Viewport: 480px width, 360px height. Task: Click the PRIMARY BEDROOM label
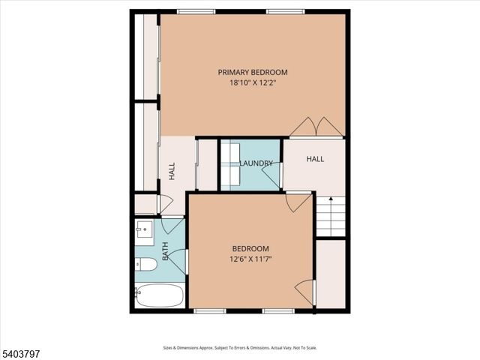click(x=253, y=72)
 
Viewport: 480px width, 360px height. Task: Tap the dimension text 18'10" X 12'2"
click(x=253, y=82)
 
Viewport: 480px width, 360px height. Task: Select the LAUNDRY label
click(x=256, y=163)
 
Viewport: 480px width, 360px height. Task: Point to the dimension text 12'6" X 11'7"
click(x=250, y=259)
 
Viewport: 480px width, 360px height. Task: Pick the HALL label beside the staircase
click(x=315, y=159)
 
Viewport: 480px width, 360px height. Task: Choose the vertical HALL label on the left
click(x=172, y=172)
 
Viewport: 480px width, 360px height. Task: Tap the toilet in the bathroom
click(x=146, y=264)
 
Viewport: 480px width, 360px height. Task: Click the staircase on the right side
click(x=330, y=217)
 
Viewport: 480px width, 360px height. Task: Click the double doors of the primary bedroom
click(x=317, y=127)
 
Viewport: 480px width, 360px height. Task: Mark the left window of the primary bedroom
click(x=196, y=11)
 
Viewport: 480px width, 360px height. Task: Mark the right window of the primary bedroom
click(x=286, y=11)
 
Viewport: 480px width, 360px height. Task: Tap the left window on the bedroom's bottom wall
click(x=209, y=310)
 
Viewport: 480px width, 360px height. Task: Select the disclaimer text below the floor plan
click(x=240, y=347)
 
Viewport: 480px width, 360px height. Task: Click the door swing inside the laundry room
click(x=272, y=177)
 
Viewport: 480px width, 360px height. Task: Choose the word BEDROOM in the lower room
click(x=250, y=248)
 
